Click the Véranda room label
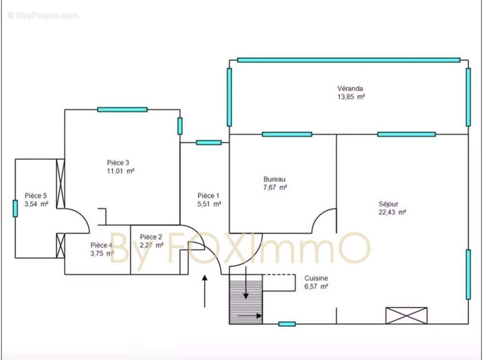click(x=350, y=89)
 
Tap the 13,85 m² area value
click(x=351, y=97)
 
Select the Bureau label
click(x=275, y=179)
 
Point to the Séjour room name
click(x=388, y=204)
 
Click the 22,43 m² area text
click(x=392, y=212)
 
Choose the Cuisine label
click(x=316, y=278)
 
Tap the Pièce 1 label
click(x=209, y=196)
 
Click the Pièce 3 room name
click(x=118, y=163)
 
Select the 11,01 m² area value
click(x=120, y=171)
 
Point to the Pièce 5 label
click(x=36, y=196)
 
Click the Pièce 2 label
click(x=151, y=237)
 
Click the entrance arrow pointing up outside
click(x=205, y=291)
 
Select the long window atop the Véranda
click(x=348, y=60)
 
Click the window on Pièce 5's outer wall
click(x=15, y=208)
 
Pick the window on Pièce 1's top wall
click(x=209, y=143)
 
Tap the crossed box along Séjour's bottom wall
click(x=406, y=316)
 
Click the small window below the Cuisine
click(x=287, y=324)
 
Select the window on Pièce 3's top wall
click(x=122, y=109)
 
